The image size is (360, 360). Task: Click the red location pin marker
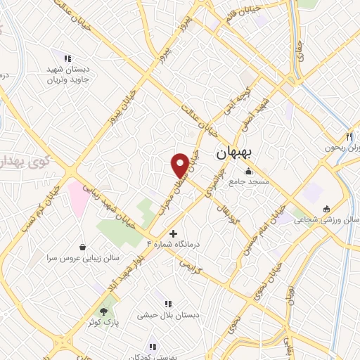point(180,165)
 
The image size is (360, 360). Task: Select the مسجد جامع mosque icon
point(247,171)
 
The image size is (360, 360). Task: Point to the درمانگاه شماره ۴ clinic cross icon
point(174,233)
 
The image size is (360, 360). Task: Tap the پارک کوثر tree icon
point(105,311)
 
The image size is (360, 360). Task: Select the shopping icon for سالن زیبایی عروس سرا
point(84,247)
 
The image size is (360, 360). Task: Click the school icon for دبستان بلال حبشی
point(169,304)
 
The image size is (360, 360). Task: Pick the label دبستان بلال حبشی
point(169,315)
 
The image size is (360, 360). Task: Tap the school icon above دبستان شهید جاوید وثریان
point(67,58)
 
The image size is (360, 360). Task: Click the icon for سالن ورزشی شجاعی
point(327,209)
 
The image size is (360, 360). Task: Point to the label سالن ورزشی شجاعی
point(330,219)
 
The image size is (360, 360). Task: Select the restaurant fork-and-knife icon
point(348,136)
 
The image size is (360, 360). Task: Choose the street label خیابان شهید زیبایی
point(110,203)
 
